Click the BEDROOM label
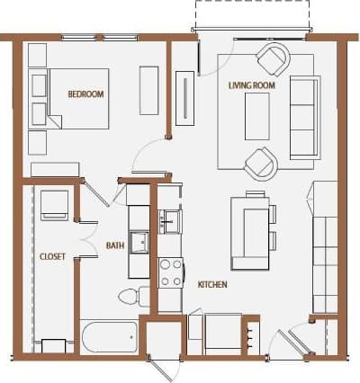pos(86,94)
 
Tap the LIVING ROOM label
pos(251,85)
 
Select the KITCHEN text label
pos(212,285)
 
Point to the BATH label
pos(114,245)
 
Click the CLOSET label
pos(52,257)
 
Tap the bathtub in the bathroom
pos(109,337)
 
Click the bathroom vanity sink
pos(139,242)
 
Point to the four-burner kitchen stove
pos(171,272)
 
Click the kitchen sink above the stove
pos(170,219)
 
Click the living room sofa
pos(304,117)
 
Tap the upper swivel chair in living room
pos(273,60)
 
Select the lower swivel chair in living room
pos(261,164)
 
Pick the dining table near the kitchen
pos(251,232)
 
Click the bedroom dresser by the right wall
pos(149,90)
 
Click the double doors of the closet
pos(88,238)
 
